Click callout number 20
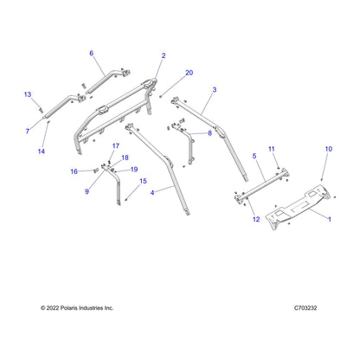pos(189,73)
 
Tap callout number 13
pos(28,94)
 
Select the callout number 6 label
pos(92,53)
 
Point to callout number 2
pos(164,55)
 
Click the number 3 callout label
pos(215,90)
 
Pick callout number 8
pos(209,133)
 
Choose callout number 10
pos(329,149)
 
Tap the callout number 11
pos(272,149)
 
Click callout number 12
pos(256,219)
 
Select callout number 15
pos(143,181)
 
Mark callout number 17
pos(116,146)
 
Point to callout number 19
pos(134,170)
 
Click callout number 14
pos(42,151)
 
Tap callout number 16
pos(74,171)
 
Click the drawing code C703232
pos(305,308)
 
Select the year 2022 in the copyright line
pos(53,308)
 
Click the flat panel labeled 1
pos(298,208)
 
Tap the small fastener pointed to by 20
pos(161,96)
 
